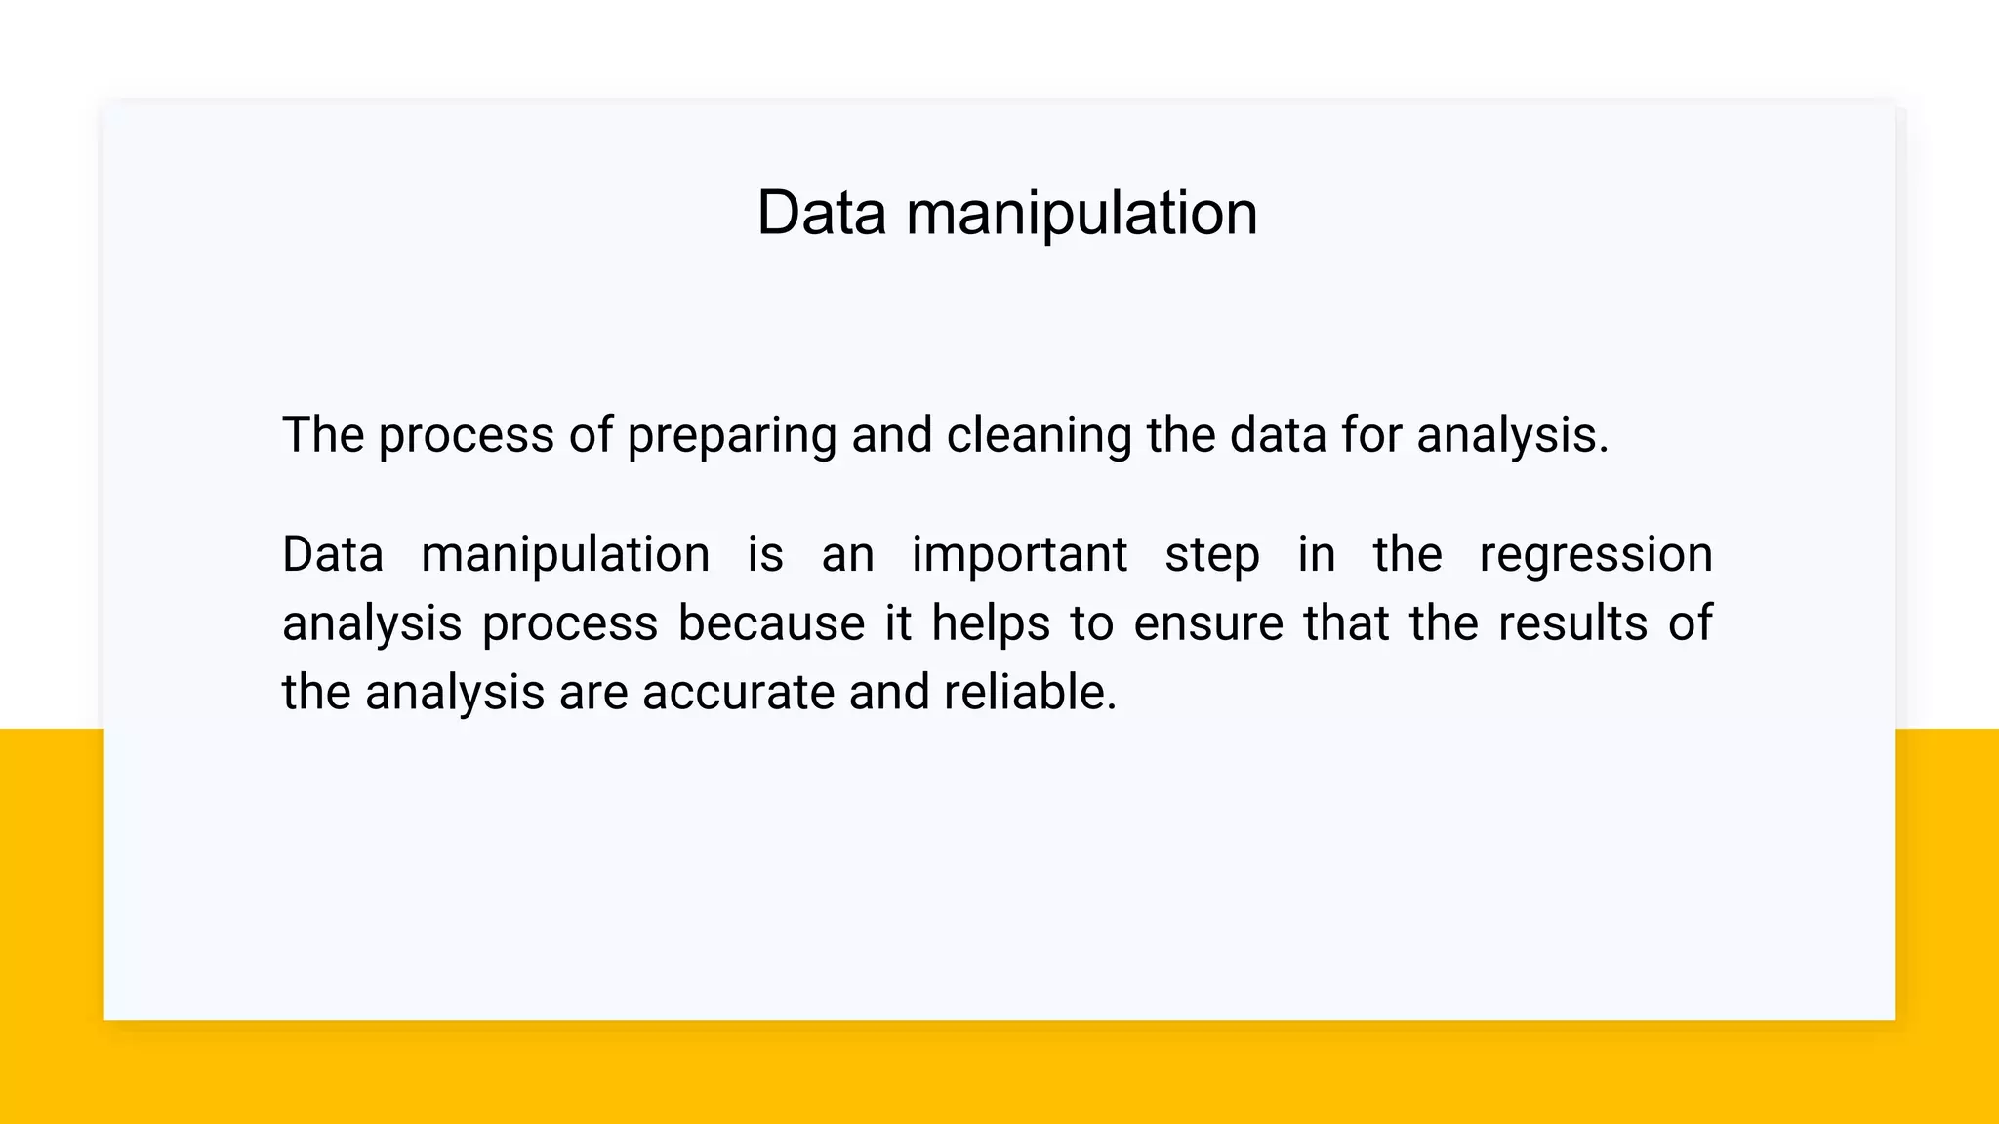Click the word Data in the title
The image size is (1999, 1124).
(821, 213)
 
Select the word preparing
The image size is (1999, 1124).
(731, 436)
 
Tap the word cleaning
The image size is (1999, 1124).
(1039, 436)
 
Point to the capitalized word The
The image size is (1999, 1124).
(322, 434)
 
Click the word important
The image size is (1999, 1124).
(1019, 555)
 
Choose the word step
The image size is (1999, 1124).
(1211, 556)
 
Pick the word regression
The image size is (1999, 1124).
(1595, 556)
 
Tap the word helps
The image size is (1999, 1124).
(990, 623)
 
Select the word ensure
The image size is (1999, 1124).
(1207, 624)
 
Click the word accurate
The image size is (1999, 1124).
(738, 693)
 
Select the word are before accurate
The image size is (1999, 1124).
(593, 693)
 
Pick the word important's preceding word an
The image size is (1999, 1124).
(846, 556)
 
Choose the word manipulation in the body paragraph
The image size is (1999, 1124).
(565, 556)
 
